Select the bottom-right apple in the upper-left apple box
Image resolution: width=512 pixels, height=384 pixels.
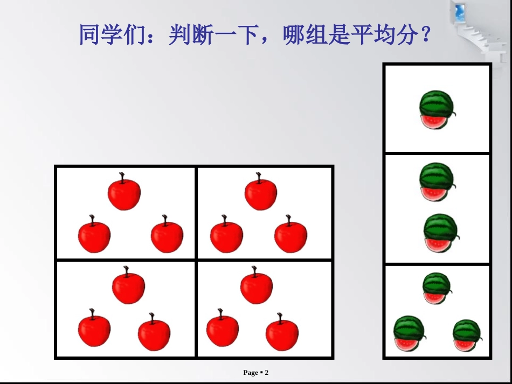click(167, 237)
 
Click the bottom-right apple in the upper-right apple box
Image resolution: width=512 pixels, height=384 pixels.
click(291, 236)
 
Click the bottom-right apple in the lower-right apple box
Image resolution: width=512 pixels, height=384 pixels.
click(282, 334)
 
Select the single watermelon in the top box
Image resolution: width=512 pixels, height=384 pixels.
click(436, 110)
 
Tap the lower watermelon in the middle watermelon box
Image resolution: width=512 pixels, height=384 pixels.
click(440, 233)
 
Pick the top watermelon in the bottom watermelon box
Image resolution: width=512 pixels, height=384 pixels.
click(436, 289)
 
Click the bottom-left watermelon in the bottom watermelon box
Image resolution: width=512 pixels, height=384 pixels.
click(409, 334)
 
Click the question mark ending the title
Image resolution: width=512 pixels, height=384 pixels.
click(425, 36)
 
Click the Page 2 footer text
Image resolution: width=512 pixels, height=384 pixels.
click(255, 373)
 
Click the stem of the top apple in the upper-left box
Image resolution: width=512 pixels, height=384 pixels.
click(123, 177)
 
